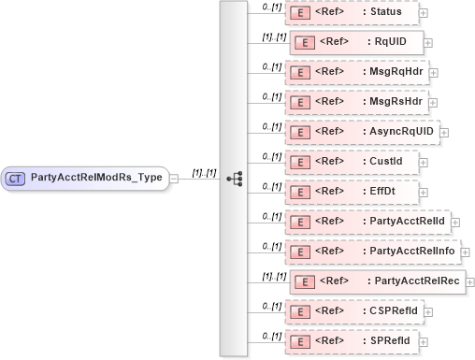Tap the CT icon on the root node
(x=16, y=177)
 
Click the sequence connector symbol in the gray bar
(x=235, y=177)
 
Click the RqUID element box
(x=356, y=42)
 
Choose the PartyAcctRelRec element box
(x=377, y=281)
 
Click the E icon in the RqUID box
(x=303, y=42)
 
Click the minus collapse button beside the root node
(x=175, y=178)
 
